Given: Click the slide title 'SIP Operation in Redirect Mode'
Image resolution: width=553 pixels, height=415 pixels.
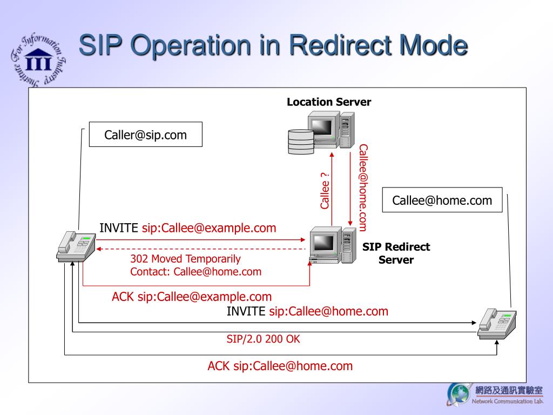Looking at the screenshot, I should point(273,46).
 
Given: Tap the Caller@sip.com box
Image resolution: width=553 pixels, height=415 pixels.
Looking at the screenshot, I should point(145,135).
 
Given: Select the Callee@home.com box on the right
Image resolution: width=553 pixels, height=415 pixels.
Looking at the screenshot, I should point(442,200).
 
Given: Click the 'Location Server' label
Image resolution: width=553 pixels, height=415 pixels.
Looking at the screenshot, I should point(329,102).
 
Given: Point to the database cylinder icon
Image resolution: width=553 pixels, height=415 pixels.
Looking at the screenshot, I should point(301,141).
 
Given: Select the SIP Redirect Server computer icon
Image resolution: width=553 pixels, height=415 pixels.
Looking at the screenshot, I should point(333,246).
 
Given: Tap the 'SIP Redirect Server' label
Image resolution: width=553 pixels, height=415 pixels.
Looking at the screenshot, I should point(396,253).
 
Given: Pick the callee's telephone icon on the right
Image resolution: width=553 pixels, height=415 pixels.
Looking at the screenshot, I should point(497,324).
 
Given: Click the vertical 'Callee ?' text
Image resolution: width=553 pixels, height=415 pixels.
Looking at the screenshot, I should point(325,190).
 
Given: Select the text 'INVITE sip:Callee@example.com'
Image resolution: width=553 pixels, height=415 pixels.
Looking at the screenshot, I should point(187,228).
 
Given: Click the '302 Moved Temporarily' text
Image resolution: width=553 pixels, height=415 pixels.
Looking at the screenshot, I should point(185,259).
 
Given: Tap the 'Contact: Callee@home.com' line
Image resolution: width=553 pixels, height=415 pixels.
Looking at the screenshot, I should point(195,271).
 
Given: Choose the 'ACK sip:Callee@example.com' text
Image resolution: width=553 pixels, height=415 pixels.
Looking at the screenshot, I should point(192,297).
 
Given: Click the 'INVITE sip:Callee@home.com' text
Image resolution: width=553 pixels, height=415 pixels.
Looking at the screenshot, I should point(307,311).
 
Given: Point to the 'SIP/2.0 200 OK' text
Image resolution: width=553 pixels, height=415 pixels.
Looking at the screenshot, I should point(263,339).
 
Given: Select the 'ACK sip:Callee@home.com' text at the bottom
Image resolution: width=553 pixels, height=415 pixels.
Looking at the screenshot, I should point(280,366).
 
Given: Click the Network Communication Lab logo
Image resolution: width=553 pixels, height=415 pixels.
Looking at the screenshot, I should point(494,394).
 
